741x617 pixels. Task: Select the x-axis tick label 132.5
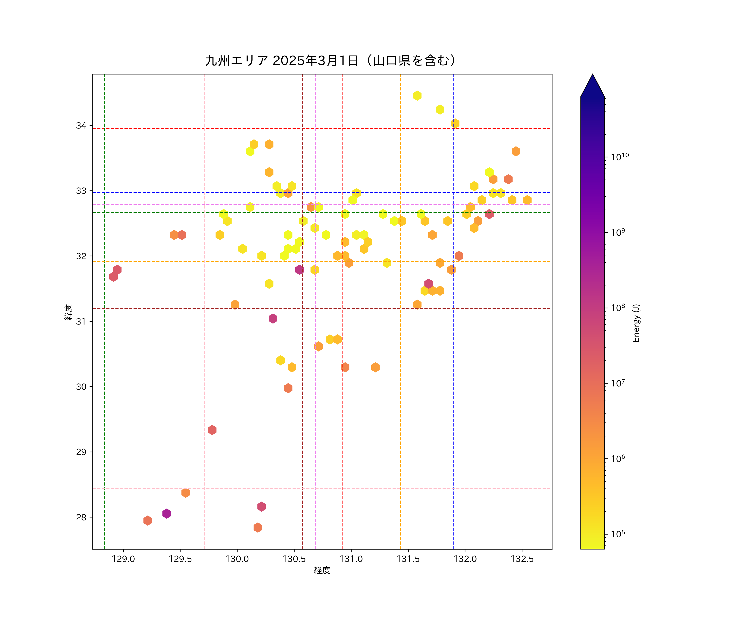click(x=522, y=559)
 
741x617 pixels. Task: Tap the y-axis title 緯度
click(x=68, y=312)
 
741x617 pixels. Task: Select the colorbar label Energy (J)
click(x=636, y=323)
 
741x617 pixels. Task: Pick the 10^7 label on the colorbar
click(x=618, y=383)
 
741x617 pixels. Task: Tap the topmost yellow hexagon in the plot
click(x=417, y=96)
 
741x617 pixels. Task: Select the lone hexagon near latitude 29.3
click(x=212, y=430)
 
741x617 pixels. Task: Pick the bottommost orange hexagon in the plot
click(x=257, y=528)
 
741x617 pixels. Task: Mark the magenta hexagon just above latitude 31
click(x=273, y=318)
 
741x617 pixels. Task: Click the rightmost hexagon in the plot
click(x=527, y=200)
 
